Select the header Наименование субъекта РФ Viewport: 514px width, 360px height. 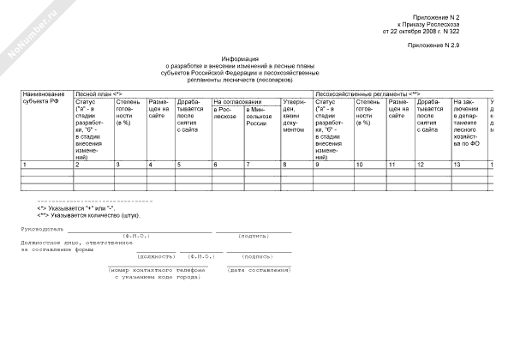44,97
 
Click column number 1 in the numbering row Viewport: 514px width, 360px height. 25,163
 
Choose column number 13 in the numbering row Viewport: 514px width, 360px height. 457,163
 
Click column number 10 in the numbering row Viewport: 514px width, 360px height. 360,163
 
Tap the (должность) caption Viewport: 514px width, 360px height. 154,255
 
